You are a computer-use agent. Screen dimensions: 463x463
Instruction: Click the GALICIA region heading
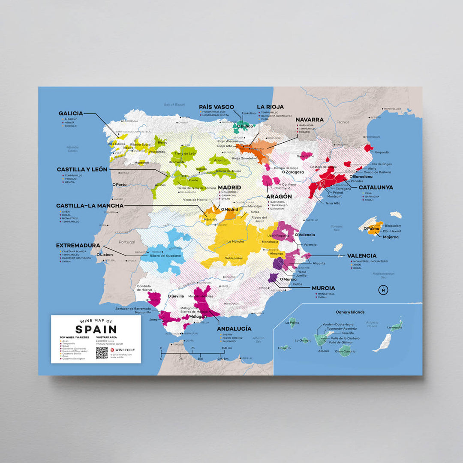pos(71,114)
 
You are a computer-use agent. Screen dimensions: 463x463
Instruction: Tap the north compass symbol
pos(382,290)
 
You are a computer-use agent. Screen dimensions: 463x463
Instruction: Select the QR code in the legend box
pos(102,352)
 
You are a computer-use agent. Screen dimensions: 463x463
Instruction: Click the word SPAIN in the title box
pos(96,329)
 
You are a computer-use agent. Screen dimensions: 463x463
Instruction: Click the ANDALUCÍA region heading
pos(235,328)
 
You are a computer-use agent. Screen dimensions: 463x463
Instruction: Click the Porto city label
pos(121,185)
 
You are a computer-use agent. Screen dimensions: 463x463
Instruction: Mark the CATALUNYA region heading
pos(376,187)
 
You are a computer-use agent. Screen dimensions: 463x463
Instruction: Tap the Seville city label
pos(177,296)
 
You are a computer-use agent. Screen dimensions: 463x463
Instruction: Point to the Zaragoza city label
pos(295,172)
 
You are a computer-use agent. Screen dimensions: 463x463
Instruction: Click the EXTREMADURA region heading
pos(78,246)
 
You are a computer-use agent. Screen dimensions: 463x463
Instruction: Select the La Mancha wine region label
pos(235,241)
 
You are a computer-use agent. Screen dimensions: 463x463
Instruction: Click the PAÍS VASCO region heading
pos(216,107)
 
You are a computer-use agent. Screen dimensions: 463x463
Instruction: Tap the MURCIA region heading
pos(323,288)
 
